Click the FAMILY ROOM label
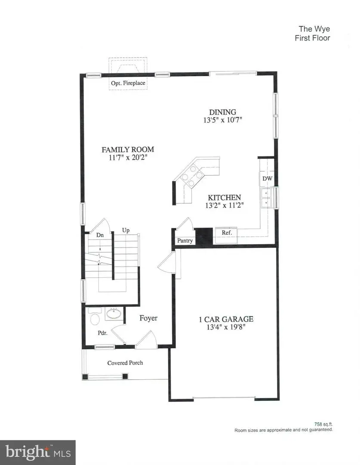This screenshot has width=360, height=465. pyautogui.click(x=127, y=150)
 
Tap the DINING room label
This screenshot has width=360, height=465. pyautogui.click(x=222, y=112)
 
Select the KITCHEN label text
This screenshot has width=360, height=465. pyautogui.click(x=222, y=198)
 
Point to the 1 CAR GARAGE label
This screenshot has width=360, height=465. pyautogui.click(x=226, y=319)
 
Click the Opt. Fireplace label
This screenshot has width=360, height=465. pyautogui.click(x=128, y=83)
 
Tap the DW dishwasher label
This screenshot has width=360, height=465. pyautogui.click(x=267, y=179)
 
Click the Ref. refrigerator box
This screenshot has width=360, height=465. pyautogui.click(x=226, y=233)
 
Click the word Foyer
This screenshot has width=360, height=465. pyautogui.click(x=148, y=318)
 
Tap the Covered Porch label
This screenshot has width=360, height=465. pyautogui.click(x=125, y=363)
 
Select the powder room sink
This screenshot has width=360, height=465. pyautogui.click(x=113, y=313)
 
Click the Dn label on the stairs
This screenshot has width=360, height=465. pyautogui.click(x=99, y=235)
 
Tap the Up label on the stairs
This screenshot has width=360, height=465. pyautogui.click(x=126, y=230)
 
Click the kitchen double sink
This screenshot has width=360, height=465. pyautogui.click(x=267, y=197)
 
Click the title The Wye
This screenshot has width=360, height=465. pyautogui.click(x=314, y=29)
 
